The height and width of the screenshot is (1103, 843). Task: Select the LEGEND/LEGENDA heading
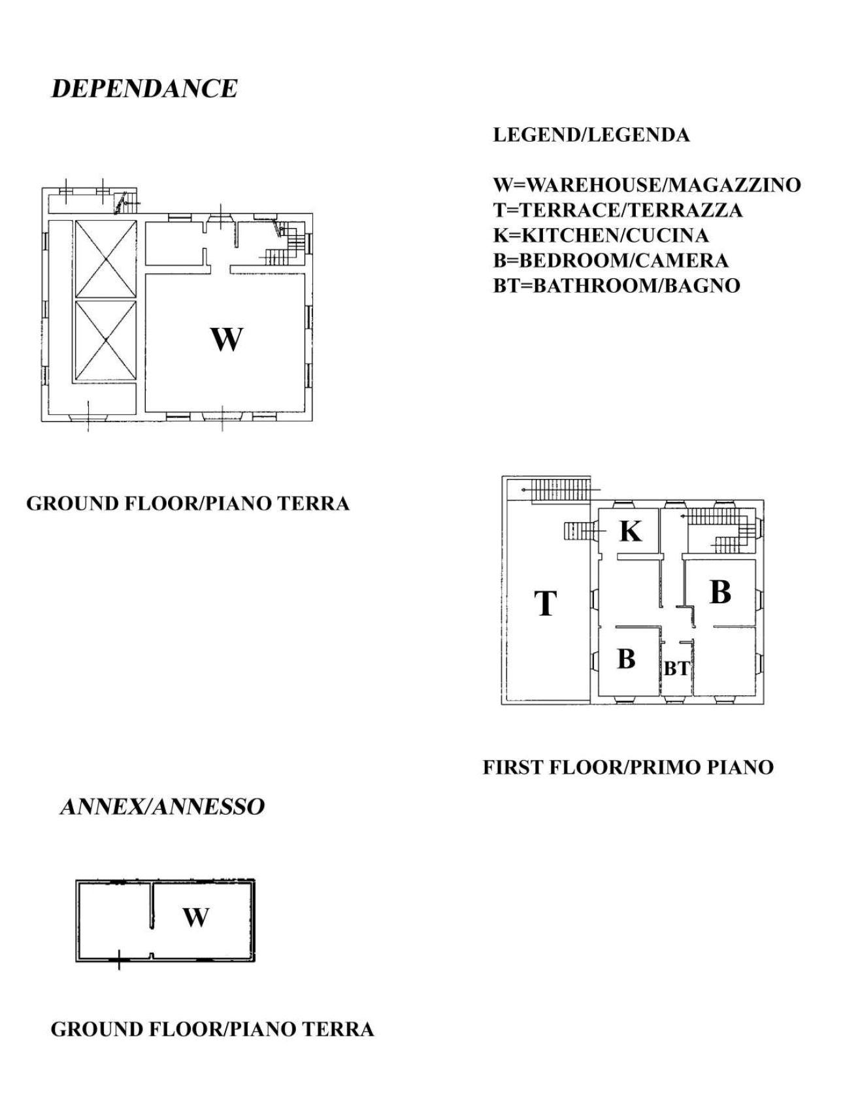coord(591,135)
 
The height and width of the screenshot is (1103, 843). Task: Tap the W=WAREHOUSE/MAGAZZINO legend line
coord(646,185)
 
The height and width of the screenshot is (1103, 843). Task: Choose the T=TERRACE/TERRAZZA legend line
coord(618,210)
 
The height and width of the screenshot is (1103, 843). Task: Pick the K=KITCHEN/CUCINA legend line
coord(601,235)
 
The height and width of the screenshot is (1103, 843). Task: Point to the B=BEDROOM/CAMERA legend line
coord(610,261)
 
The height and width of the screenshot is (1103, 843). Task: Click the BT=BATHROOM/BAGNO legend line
coord(616,286)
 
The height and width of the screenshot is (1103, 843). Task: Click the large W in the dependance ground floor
coord(226,339)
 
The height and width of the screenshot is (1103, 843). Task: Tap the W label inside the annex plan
coord(195,917)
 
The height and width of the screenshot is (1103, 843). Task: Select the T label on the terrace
coord(546,602)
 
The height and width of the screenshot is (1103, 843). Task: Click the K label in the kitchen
coord(630,531)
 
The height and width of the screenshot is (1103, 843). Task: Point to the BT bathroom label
coord(676,669)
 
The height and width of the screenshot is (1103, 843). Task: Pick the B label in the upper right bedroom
coord(719,592)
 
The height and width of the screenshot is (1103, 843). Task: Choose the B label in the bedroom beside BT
coord(626,659)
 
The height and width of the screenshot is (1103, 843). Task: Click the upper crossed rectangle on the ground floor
coord(106,259)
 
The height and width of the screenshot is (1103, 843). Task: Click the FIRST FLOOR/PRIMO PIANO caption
coord(627,767)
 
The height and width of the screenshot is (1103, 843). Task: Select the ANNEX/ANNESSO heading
coord(162,806)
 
